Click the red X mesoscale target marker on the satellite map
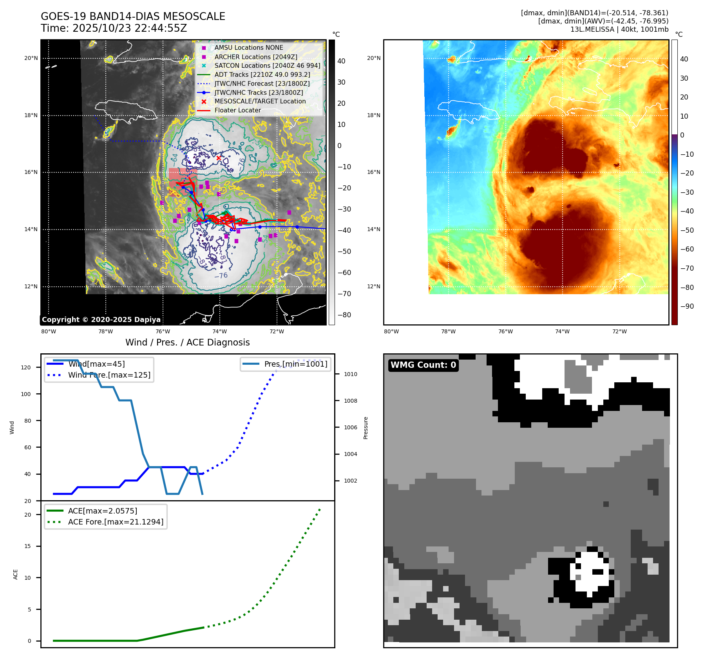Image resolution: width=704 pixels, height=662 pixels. point(219,158)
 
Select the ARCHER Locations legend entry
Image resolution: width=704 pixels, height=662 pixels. point(255,57)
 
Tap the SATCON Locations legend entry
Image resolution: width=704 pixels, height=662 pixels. point(267,66)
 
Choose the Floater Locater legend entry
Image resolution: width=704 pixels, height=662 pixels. point(237,110)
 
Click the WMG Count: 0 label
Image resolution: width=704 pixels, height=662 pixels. point(423,365)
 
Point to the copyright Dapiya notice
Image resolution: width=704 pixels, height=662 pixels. point(101,320)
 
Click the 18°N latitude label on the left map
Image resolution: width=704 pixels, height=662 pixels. point(31,116)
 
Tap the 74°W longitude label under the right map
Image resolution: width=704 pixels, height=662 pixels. point(562,332)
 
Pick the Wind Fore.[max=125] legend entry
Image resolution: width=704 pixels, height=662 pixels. point(109,375)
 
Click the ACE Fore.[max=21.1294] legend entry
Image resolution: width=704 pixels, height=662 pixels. point(116,522)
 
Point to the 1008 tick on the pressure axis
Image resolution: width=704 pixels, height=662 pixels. point(350,401)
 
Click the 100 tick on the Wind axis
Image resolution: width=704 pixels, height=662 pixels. point(26,394)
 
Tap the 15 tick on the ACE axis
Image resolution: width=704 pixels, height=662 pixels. point(27,546)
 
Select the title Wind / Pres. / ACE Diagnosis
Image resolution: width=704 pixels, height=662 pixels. point(187,343)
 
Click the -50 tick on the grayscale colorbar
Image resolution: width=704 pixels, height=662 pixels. point(344,251)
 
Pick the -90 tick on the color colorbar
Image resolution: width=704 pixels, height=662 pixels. point(687,306)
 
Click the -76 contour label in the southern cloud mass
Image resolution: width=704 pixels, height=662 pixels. point(221,276)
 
